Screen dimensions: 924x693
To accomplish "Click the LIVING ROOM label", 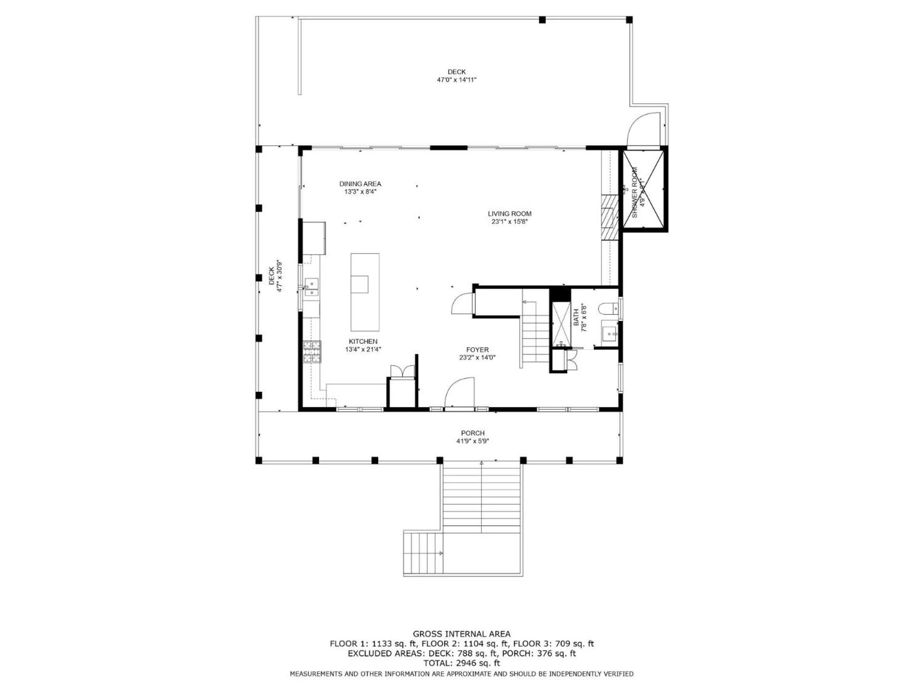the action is coord(510,214).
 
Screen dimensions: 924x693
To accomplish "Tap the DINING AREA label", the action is coord(360,184).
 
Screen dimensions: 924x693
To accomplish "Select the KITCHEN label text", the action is coord(363,342).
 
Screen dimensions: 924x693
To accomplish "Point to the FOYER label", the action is coord(477,350).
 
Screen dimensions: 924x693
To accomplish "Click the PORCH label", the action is coord(473,433).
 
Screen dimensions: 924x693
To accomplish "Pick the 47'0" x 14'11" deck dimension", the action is coord(456,80).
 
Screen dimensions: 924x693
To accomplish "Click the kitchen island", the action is coord(365,292).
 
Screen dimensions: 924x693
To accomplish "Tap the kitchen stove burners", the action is coord(312,352).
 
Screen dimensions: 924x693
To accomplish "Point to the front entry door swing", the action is coord(459,392).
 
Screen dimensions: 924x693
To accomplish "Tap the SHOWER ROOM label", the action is coord(634,192).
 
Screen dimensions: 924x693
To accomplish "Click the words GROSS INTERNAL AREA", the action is coord(462,634).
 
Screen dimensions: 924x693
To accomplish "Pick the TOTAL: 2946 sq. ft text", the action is coord(462,663).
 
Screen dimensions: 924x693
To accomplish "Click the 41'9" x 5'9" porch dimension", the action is coord(473,441).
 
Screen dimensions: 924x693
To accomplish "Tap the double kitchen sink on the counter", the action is coord(312,286).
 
